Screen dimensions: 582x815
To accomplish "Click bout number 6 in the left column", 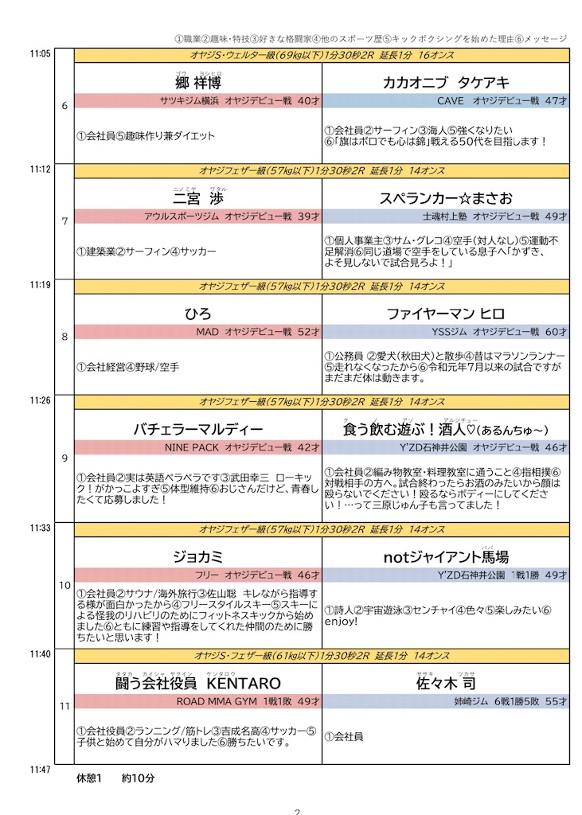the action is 64,106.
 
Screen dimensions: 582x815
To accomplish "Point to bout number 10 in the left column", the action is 64,586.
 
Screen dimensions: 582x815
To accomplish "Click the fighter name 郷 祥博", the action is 198,83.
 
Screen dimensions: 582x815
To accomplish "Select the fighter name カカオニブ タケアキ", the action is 446,83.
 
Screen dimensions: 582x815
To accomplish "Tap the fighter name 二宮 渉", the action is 198,198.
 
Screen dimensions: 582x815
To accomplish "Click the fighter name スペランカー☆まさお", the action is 446,198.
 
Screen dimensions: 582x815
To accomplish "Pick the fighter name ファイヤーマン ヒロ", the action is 446,314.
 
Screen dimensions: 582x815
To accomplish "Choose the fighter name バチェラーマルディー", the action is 198,429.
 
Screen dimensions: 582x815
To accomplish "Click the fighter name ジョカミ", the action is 198,556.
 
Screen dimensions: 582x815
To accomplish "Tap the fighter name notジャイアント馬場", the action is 446,556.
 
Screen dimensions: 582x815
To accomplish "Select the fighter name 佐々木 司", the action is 446,683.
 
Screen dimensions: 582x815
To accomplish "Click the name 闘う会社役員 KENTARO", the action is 198,683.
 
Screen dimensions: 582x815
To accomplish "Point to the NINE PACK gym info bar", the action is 198,447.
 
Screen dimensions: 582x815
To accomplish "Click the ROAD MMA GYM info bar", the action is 198,701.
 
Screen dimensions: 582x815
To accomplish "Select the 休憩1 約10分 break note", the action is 115,778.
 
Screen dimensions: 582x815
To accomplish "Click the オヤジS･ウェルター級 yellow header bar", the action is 322,56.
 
